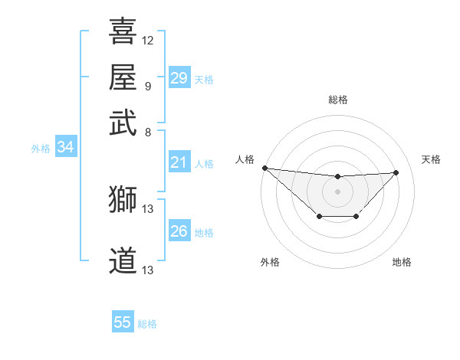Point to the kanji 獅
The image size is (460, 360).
123,199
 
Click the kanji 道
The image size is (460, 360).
123,261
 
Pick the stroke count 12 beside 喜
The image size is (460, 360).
148,40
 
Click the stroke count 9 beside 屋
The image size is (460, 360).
148,86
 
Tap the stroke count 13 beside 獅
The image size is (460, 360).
148,208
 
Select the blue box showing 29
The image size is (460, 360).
179,78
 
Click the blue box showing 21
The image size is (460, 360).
179,162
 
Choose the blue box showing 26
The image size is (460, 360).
179,231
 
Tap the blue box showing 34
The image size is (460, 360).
65,148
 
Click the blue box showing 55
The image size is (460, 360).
123,322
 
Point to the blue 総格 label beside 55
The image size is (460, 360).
147,324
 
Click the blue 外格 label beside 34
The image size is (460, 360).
41,149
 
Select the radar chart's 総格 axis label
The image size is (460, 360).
337,100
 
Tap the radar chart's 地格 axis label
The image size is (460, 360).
402,262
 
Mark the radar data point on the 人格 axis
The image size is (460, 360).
264,168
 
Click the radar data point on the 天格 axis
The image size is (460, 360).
396,172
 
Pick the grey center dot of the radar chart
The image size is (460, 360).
337,191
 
